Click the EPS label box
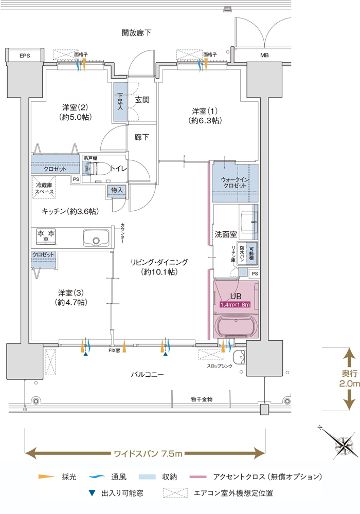[x=25, y=56]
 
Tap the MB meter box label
[x=264, y=56]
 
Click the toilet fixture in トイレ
[x=93, y=169]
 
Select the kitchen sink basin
[x=96, y=237]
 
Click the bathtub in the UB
[x=236, y=327]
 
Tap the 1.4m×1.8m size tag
[x=235, y=304]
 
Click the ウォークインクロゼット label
[x=235, y=182]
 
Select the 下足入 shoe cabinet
[x=120, y=102]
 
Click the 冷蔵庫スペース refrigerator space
[x=44, y=188]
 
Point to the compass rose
[x=343, y=445]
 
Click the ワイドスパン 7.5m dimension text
[x=148, y=454]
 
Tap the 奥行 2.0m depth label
[x=350, y=379]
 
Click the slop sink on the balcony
[x=239, y=357]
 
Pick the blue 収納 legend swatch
[x=147, y=476]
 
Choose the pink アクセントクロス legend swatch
[x=198, y=477]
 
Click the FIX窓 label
[x=114, y=351]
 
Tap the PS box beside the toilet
[x=76, y=179]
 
